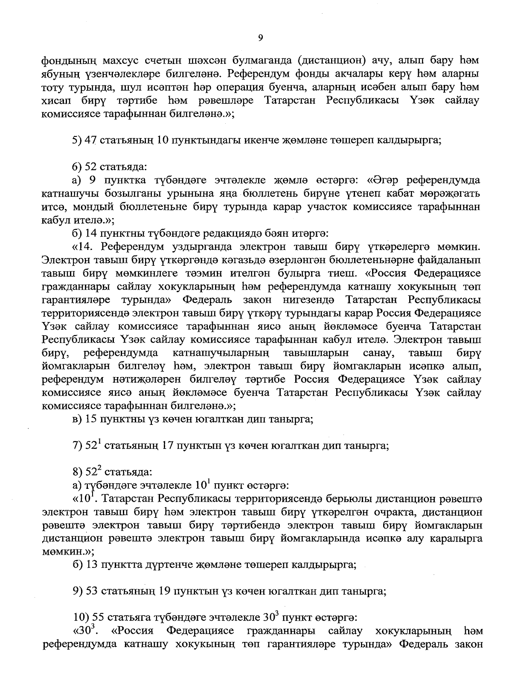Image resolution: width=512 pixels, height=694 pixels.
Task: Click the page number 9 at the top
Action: pyautogui.click(x=260, y=38)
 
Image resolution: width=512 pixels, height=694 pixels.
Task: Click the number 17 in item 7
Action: pyautogui.click(x=169, y=447)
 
